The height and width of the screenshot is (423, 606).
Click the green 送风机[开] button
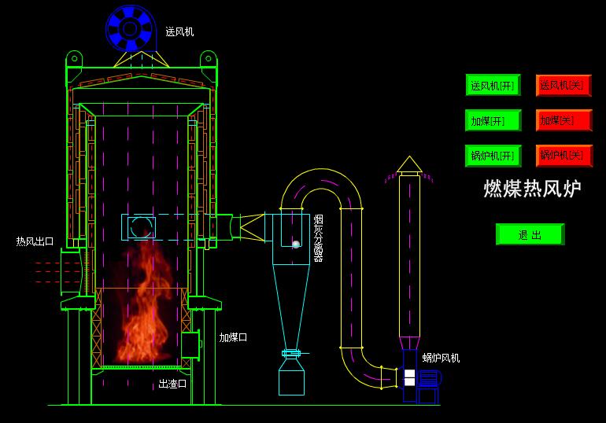click(x=493, y=85)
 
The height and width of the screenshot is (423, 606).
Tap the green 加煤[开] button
click(x=493, y=120)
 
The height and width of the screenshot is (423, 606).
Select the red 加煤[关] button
click(x=564, y=120)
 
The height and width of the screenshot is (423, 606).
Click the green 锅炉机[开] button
click(x=493, y=156)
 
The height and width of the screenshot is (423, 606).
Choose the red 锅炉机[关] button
click(x=564, y=156)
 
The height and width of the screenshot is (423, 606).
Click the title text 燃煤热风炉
click(x=532, y=189)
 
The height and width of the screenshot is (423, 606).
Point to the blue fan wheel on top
click(x=129, y=29)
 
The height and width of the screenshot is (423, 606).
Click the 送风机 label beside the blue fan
click(x=179, y=32)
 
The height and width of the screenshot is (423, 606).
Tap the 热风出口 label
click(x=35, y=241)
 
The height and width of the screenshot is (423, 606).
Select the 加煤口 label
click(x=233, y=337)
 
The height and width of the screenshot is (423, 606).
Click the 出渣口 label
click(x=172, y=384)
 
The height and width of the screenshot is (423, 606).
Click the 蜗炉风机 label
click(x=441, y=359)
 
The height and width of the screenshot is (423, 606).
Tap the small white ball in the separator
click(x=296, y=245)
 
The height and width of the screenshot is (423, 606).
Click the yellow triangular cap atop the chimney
click(x=408, y=164)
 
